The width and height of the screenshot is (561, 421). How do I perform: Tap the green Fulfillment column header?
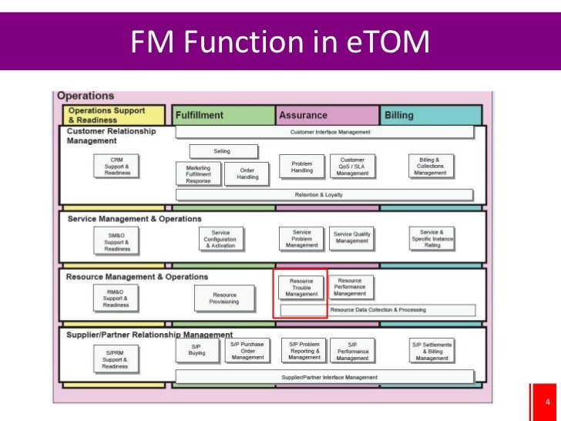[223, 115]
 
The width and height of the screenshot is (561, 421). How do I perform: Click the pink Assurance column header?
[327, 115]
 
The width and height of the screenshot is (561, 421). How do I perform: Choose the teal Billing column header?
[431, 115]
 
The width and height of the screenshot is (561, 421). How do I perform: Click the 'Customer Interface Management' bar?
[324, 132]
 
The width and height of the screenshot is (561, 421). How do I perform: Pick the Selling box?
[221, 151]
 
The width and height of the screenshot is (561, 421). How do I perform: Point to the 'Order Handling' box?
[247, 173]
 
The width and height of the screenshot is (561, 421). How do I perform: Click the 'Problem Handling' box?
[302, 166]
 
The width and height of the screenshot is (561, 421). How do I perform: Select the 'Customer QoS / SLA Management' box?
[352, 167]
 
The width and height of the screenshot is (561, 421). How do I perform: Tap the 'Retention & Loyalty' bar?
[324, 194]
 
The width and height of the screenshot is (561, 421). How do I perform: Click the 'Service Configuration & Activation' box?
[220, 239]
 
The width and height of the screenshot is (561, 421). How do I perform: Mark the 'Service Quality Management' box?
[352, 238]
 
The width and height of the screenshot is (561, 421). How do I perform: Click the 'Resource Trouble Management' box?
[301, 288]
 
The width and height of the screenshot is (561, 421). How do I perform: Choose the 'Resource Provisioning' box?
[225, 298]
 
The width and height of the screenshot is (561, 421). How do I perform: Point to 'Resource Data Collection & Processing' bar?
[377, 310]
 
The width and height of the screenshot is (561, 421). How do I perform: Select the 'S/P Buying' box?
[197, 350]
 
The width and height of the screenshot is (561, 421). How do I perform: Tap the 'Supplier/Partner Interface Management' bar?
[324, 377]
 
